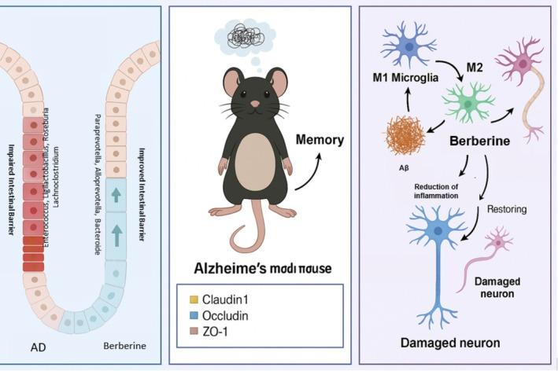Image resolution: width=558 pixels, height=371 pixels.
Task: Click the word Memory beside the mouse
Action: (x=320, y=141)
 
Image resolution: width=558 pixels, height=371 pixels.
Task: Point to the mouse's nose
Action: (x=255, y=104)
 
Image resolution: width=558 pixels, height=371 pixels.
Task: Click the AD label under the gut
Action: (x=39, y=346)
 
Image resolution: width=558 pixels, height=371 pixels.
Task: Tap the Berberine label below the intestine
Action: (x=124, y=346)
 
